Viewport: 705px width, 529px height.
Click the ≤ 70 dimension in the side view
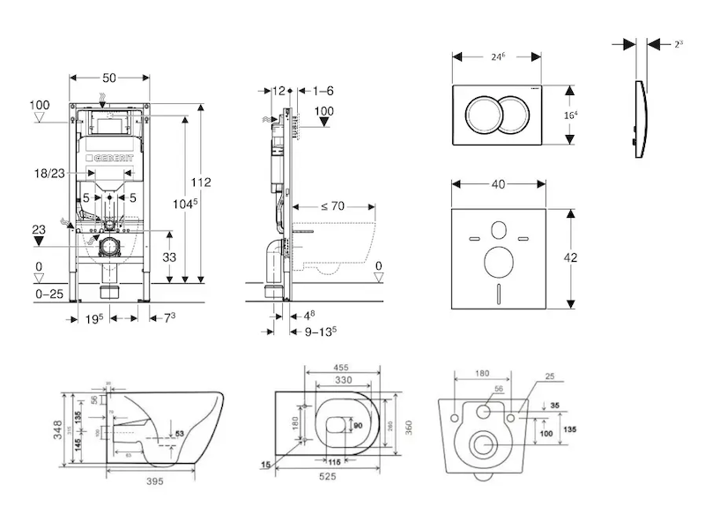(330, 206)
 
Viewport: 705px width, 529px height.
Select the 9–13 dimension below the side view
(320, 332)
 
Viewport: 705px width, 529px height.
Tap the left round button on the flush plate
(483, 113)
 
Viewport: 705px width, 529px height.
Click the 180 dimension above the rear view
(481, 373)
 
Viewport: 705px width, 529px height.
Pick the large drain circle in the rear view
(483, 444)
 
